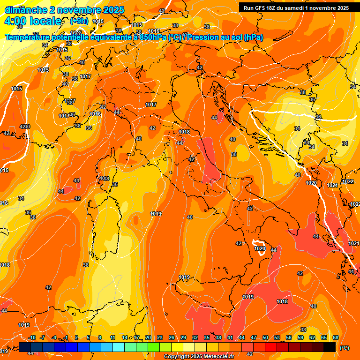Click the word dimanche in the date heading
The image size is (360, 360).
coord(25,10)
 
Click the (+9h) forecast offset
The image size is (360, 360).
coord(81,21)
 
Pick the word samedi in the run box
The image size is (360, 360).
coord(301,8)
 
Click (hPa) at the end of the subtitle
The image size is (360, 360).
coord(253,37)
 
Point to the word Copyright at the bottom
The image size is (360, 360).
coord(176,357)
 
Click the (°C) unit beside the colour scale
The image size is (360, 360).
coord(345,348)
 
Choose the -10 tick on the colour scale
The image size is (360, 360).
coord(31,337)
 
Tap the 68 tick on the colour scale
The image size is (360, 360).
coord(336,337)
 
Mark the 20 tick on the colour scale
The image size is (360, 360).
coord(148,337)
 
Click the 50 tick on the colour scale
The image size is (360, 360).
coord(265,337)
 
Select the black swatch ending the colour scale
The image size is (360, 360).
coord(330,347)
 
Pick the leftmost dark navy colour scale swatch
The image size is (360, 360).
coord(25,347)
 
